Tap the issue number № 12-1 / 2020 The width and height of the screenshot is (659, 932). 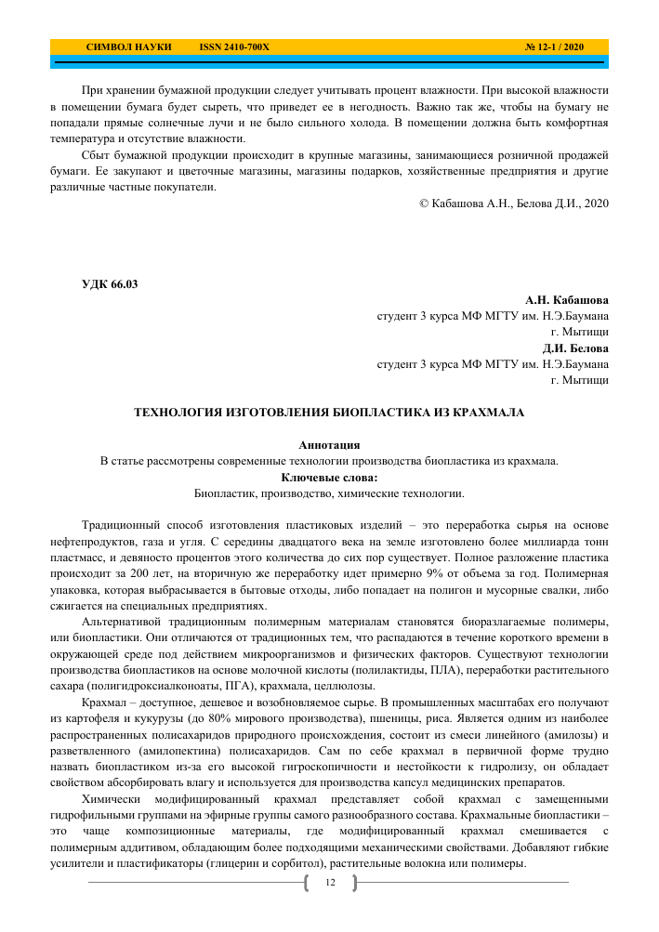tap(554, 46)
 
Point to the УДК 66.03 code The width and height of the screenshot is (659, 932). tap(111, 285)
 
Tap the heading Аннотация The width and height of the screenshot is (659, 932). tap(329, 445)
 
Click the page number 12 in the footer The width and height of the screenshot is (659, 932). tap(329, 881)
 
